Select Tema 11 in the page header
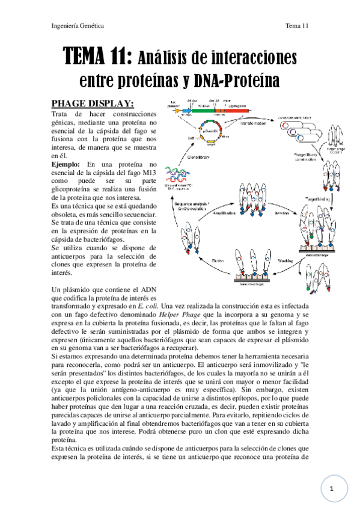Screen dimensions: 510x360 pyautogui.click(x=296, y=26)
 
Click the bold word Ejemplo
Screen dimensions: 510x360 pyautogui.click(x=68, y=163)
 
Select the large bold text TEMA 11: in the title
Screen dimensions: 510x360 pyautogui.click(x=99, y=59)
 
